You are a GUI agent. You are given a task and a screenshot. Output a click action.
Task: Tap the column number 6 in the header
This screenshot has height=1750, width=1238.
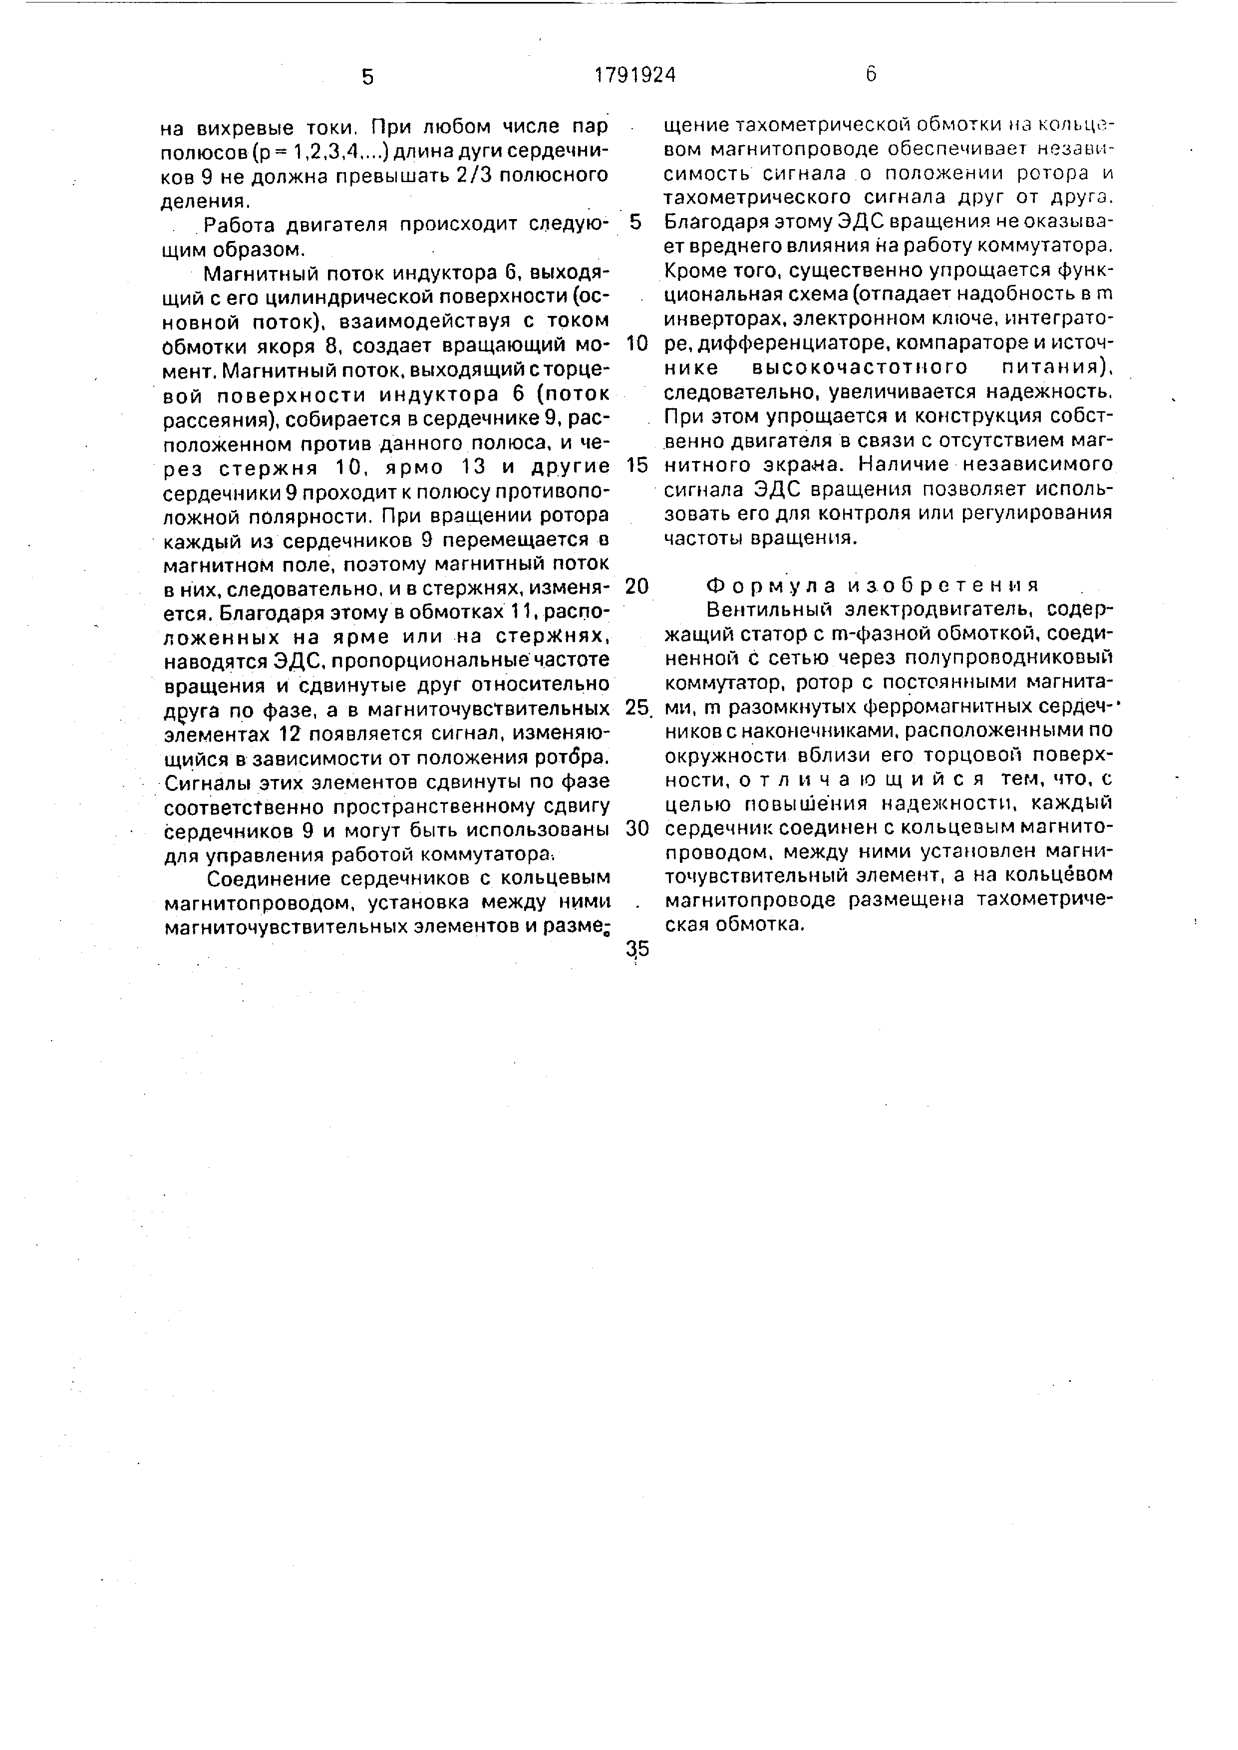coord(871,74)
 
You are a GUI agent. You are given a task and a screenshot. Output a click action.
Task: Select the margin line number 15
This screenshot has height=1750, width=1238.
coord(636,465)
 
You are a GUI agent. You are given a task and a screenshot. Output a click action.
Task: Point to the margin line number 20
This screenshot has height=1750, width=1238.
coord(636,586)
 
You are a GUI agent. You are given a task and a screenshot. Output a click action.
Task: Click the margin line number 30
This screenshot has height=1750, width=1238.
coord(636,829)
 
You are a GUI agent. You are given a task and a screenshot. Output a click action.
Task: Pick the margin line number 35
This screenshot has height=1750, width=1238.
coord(636,949)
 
